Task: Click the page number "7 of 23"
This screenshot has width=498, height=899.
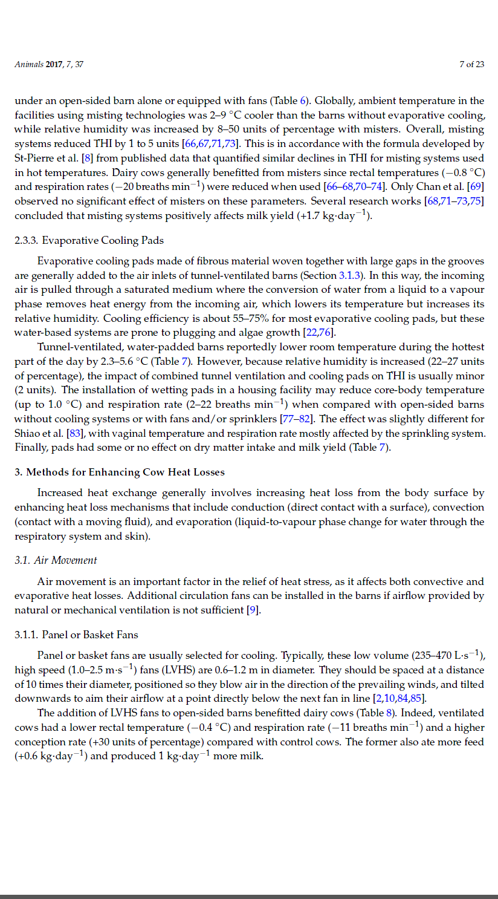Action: pos(471,64)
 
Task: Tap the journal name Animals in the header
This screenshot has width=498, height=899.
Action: pos(29,64)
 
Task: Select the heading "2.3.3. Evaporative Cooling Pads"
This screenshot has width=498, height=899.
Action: pos(89,240)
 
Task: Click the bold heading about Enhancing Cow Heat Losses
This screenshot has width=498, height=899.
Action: pos(119,472)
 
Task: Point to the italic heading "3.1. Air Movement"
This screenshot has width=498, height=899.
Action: pos(56,560)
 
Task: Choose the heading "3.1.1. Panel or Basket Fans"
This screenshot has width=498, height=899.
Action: pos(76,635)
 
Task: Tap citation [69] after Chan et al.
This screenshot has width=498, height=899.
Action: pos(476,186)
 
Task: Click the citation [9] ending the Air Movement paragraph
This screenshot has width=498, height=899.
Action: pos(254,610)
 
